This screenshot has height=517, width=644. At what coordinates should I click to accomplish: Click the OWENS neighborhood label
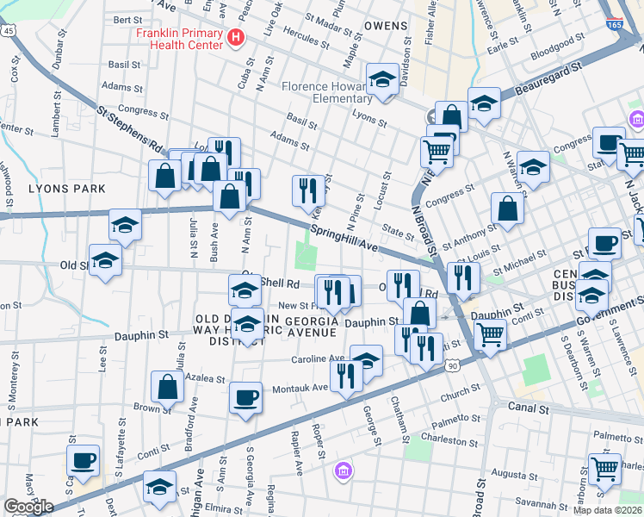(385, 26)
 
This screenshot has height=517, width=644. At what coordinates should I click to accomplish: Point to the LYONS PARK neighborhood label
(66, 188)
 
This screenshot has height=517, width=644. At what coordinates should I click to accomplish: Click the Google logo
(28, 507)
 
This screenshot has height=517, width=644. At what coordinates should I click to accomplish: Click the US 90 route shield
(453, 366)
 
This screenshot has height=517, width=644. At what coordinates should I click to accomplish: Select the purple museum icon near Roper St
(343, 471)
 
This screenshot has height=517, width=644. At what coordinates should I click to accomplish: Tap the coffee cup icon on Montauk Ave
(246, 397)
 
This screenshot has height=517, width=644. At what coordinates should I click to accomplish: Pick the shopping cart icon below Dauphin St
(490, 334)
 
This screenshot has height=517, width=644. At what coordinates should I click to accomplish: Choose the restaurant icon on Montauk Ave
(346, 376)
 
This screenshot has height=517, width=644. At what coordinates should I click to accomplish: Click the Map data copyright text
(607, 510)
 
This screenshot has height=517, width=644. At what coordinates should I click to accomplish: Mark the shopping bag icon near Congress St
(508, 209)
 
